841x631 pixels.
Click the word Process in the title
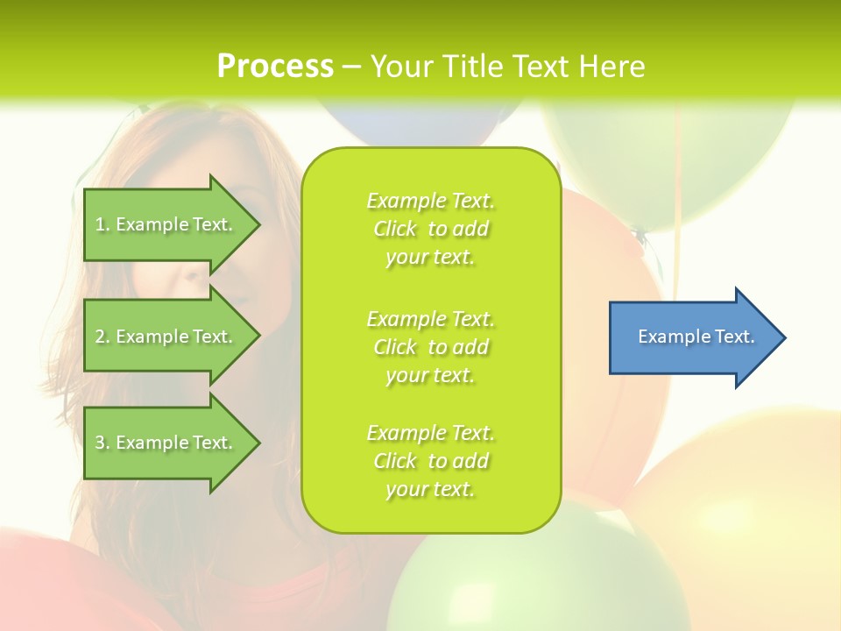[x=275, y=67]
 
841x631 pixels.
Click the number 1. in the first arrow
[x=102, y=224]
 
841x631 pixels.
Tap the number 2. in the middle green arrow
[x=102, y=337]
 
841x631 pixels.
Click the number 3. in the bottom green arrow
[x=102, y=443]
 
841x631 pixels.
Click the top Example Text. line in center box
[x=430, y=201]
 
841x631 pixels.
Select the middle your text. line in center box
[x=430, y=375]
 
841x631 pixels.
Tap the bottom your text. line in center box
[x=430, y=489]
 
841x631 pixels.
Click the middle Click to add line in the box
[x=430, y=347]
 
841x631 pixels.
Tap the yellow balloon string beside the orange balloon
[x=675, y=219]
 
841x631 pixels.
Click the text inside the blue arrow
[x=696, y=337]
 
